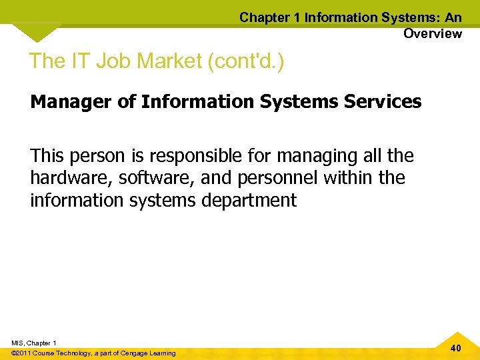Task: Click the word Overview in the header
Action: click(432, 33)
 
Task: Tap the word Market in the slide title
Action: click(169, 61)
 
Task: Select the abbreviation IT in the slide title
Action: click(81, 61)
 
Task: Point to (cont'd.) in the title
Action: click(246, 61)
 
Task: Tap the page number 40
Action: click(456, 348)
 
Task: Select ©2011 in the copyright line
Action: click(21, 353)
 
